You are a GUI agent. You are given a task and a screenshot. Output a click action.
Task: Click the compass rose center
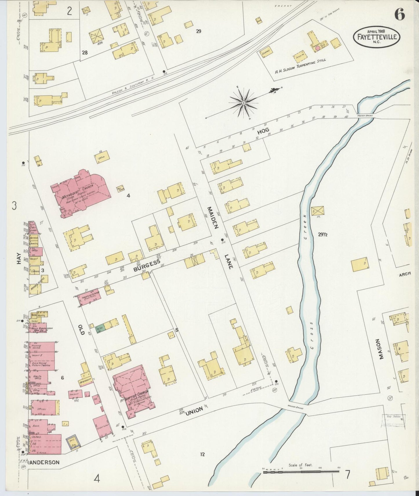pos(244,103)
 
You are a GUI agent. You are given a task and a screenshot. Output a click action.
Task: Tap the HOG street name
pos(263,131)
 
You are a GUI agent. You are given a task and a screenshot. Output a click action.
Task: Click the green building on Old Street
pos(100,329)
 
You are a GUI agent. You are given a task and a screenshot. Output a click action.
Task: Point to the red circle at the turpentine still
pos(318,48)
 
